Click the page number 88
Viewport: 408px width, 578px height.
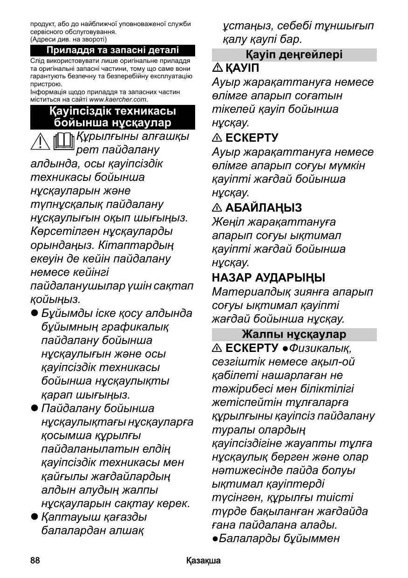[35, 560]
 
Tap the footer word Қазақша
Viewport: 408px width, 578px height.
[204, 560]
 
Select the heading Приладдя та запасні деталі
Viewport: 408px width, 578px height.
[112, 50]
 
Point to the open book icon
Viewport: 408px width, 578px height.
[64, 142]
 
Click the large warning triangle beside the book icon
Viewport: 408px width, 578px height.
[41, 143]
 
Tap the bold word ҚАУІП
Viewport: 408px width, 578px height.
[242, 68]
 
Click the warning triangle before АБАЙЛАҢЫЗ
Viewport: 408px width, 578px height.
[217, 208]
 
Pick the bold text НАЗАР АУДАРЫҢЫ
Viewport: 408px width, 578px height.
[269, 278]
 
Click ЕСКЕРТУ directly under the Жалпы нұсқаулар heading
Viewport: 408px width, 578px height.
[252, 348]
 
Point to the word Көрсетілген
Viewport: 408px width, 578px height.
[60, 231]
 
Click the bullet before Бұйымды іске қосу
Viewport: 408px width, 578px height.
[34, 313]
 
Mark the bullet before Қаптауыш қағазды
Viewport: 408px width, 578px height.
[34, 517]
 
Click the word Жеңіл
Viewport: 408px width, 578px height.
[227, 222]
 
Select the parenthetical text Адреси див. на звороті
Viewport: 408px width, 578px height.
[68, 40]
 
